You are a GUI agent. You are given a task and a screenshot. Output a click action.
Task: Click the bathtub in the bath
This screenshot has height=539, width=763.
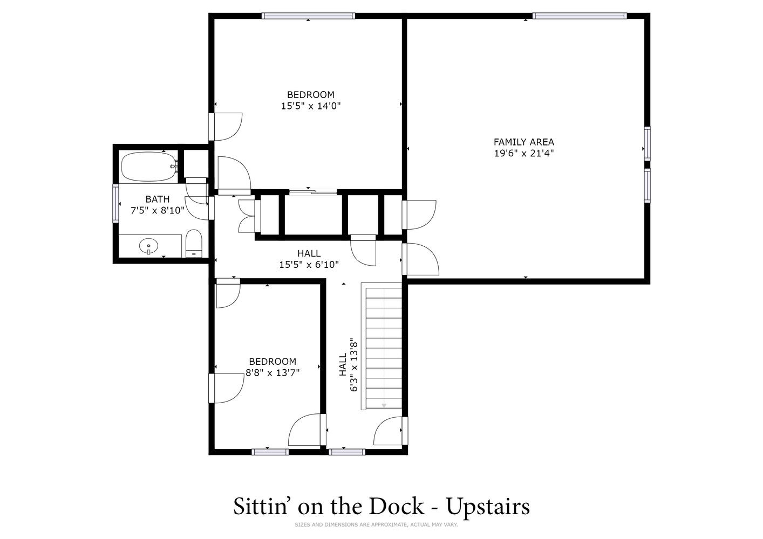(x=149, y=167)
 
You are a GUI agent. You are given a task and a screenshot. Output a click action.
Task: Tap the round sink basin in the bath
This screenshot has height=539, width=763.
(x=148, y=245)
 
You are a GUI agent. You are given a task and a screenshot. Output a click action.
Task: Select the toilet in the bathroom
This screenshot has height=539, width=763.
(x=194, y=243)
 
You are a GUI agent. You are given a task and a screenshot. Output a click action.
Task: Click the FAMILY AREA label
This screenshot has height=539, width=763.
(x=524, y=142)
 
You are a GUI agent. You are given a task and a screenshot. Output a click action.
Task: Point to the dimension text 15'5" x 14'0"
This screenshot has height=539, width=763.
(x=311, y=106)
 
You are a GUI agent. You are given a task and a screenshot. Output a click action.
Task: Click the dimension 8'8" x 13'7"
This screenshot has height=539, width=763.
(x=272, y=373)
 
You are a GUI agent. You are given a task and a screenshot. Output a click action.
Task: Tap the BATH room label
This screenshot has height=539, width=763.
(x=158, y=199)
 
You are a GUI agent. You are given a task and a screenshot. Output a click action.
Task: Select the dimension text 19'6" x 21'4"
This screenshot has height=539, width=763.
(x=524, y=153)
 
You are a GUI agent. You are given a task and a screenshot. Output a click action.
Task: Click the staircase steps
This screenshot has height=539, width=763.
(x=384, y=348)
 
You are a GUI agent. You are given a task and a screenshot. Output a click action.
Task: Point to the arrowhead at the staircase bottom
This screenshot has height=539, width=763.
(x=384, y=406)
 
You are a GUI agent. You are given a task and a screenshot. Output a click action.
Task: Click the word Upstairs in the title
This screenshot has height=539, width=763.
(x=488, y=507)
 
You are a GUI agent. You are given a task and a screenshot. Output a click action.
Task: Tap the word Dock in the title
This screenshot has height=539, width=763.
(x=397, y=506)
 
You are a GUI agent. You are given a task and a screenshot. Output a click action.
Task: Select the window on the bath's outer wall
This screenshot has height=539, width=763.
(x=116, y=204)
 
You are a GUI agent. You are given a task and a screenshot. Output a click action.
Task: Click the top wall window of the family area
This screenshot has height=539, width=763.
(x=580, y=16)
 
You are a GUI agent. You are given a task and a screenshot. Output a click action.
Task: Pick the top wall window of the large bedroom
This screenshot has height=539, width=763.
(x=308, y=16)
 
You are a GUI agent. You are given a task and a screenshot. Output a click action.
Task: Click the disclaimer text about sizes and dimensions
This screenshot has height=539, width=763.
(x=376, y=524)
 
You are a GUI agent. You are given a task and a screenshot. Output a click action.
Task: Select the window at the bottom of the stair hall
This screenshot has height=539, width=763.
(x=347, y=452)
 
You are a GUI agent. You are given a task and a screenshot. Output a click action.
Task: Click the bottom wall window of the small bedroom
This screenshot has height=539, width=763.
(x=270, y=452)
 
